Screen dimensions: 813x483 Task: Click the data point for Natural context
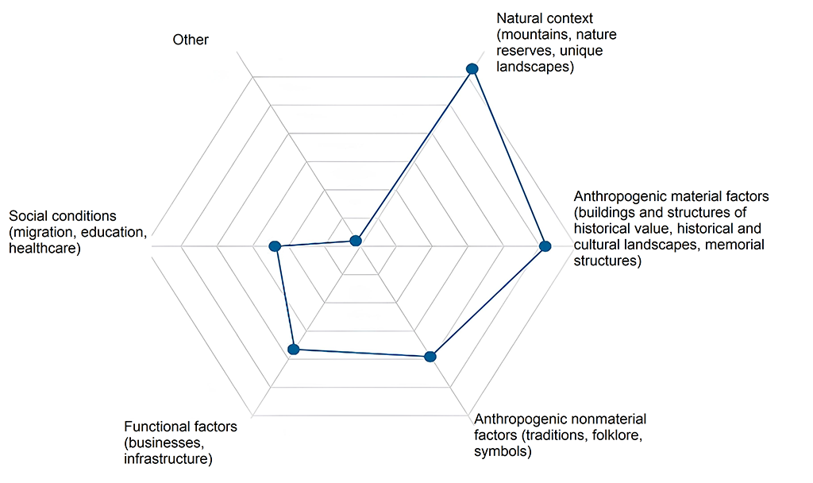click(472, 68)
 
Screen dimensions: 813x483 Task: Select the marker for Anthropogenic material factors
click(545, 246)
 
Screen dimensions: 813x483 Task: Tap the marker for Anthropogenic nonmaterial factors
click(430, 357)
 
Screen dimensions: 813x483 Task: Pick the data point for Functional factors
click(294, 350)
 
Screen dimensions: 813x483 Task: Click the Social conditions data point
click(275, 246)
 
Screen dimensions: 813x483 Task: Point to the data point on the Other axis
click(355, 240)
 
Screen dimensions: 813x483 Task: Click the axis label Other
click(191, 40)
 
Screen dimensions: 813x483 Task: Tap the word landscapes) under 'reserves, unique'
click(535, 67)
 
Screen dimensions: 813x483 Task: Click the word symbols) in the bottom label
click(503, 451)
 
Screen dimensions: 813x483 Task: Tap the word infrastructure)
click(168, 459)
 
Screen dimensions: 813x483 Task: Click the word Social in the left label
click(27, 216)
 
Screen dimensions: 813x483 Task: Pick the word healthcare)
click(45, 249)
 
